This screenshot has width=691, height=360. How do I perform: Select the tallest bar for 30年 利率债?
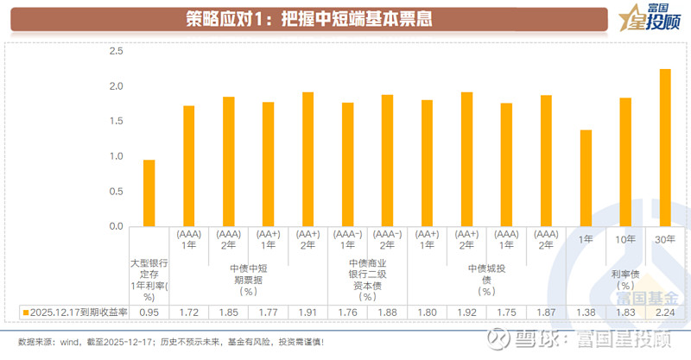pyautogui.click(x=665, y=148)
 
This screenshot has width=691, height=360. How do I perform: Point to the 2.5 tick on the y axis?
pyautogui.click(x=115, y=52)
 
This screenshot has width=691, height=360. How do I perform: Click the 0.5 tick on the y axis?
pyautogui.click(x=115, y=192)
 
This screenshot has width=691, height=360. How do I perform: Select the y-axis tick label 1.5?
pyautogui.click(x=115, y=122)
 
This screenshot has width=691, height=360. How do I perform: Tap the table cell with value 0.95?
pyautogui.click(x=149, y=311)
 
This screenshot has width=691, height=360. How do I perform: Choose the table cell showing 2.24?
pyautogui.click(x=665, y=311)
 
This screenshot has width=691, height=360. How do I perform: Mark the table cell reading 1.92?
pyautogui.click(x=467, y=311)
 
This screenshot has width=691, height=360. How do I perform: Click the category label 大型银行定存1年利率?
pyautogui.click(x=149, y=278)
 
